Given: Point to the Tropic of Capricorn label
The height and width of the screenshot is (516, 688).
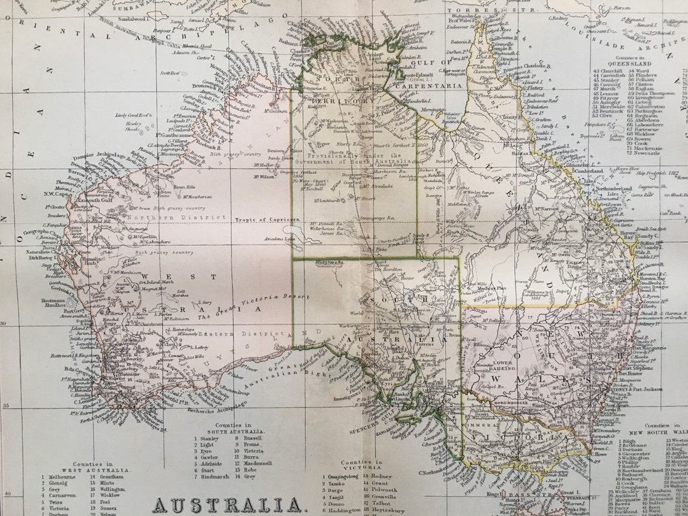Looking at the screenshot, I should [267, 220].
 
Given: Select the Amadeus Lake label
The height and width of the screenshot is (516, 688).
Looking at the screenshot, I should [280, 239].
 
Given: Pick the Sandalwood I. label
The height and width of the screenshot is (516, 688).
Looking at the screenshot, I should [131, 20].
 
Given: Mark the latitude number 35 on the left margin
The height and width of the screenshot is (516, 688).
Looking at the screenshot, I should [6, 406].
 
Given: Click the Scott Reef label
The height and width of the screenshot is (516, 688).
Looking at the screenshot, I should [169, 73].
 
